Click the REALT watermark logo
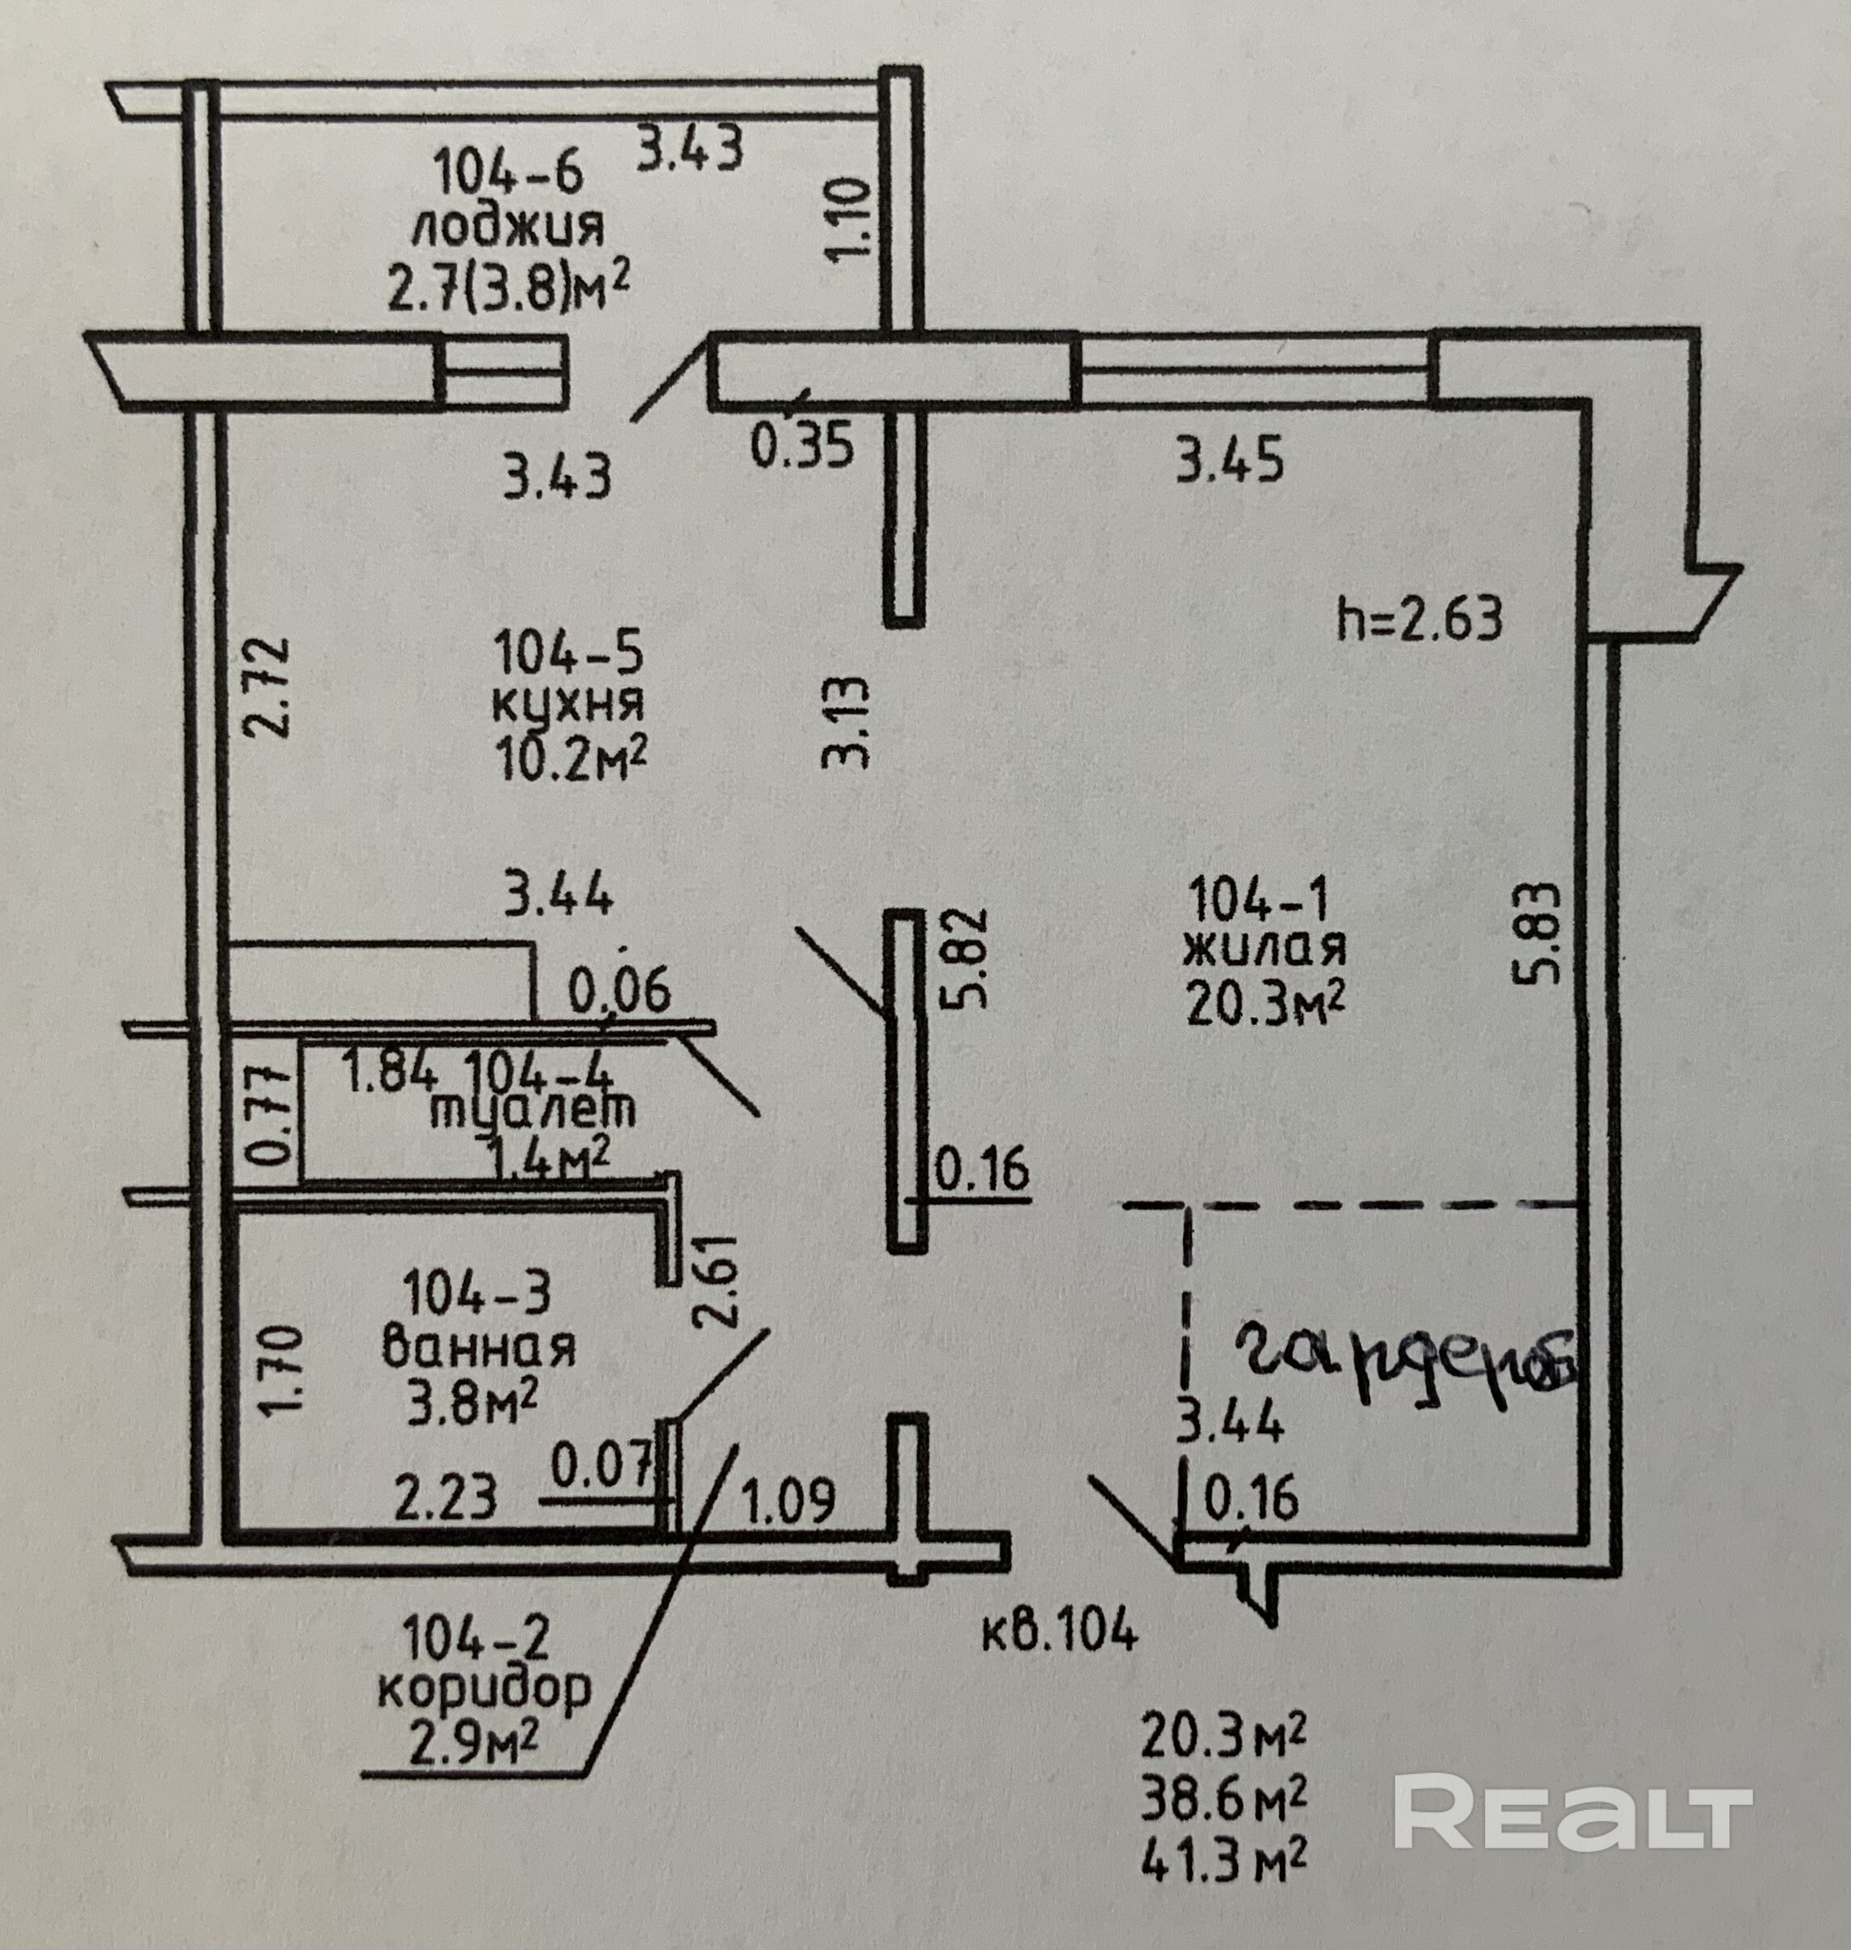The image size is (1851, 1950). pos(1573,1812)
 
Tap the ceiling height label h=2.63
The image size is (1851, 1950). pos(1420,619)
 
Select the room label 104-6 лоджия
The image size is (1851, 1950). pos(508,200)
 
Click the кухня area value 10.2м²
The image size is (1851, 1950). pos(573,760)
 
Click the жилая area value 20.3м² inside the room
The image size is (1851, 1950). pos(1266,1004)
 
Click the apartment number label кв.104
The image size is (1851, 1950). pos(1060,1631)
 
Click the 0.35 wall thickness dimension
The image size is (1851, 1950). pos(801,447)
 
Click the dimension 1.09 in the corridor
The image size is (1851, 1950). pos(787,1500)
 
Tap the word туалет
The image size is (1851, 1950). pos(533,1111)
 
